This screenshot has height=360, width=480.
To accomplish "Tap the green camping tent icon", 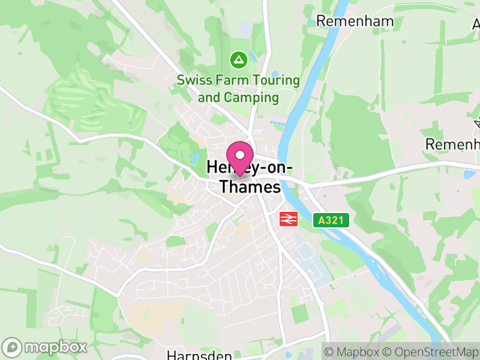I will coord(239,60).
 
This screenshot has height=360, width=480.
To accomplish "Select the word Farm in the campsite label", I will coord(231,80).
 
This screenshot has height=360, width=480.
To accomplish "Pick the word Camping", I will coord(252,97).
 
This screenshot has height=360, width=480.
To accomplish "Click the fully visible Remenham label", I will coord(355,22).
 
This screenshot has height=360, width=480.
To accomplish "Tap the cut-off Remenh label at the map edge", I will coord(453,145).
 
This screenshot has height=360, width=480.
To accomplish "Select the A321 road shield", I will coord(331,221).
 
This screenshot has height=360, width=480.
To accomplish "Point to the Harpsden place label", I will coord(199,355).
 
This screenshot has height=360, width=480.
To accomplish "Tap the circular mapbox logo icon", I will coord(13,347).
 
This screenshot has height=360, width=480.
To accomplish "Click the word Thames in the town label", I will coord(250,187).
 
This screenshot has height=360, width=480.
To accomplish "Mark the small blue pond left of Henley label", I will coord(193,159).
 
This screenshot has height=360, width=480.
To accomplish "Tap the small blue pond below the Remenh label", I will coord(469,175).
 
